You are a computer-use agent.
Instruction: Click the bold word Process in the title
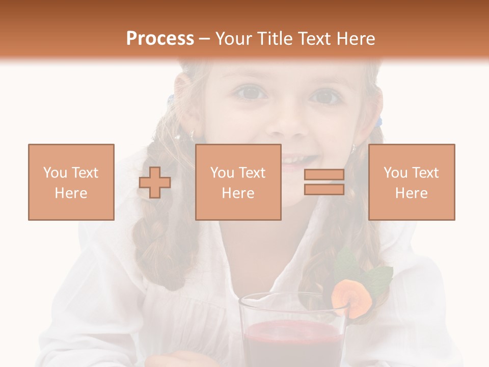click(160, 38)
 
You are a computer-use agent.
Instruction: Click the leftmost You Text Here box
click(71, 182)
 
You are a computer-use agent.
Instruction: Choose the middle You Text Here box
click(238, 182)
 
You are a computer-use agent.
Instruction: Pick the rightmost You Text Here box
click(411, 182)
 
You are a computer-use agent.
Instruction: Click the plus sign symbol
click(155, 182)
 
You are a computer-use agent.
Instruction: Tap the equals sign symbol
click(324, 182)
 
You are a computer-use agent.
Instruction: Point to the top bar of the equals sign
click(324, 175)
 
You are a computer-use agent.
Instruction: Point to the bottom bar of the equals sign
click(324, 189)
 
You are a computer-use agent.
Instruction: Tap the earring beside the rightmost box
click(353, 148)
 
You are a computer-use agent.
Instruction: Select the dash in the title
click(204, 39)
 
